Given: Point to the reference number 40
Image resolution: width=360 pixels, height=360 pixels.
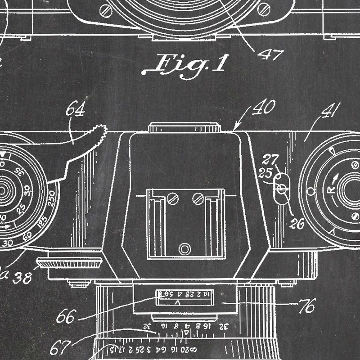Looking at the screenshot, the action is tap(264, 108).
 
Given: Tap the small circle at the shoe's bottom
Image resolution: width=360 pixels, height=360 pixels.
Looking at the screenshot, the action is tap(184, 248).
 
